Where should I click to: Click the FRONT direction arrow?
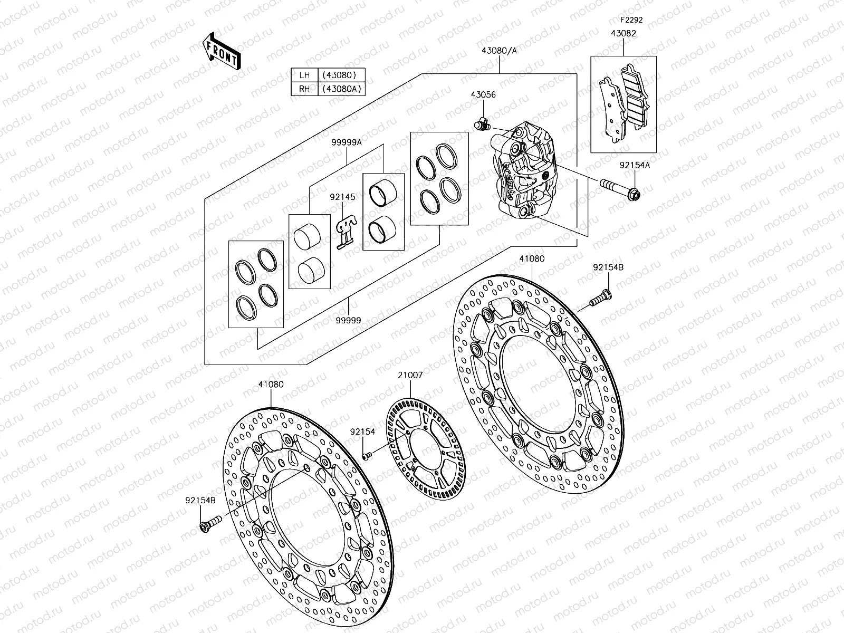coord(222,51)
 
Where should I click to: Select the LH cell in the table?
coord(304,75)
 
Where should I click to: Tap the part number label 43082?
coord(624,33)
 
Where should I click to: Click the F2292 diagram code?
coord(631,20)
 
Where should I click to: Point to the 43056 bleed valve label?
coord(483,95)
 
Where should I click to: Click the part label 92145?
coord(343,197)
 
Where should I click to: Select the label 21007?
coord(410,375)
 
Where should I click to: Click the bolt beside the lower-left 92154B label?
coord(209,525)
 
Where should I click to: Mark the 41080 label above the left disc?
coord(271,385)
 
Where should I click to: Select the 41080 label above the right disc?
coord(532,259)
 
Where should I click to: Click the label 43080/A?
coord(499,51)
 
